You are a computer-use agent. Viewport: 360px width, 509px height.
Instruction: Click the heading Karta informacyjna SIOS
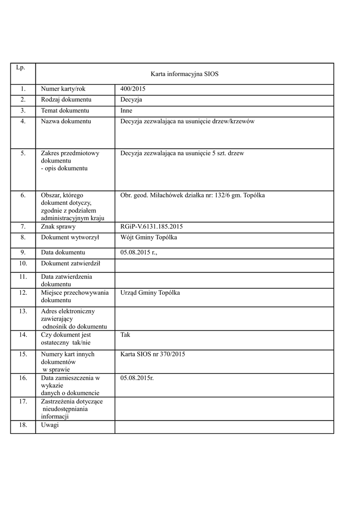tap(184, 74)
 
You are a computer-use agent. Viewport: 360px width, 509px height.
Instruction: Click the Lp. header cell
tap(20, 67)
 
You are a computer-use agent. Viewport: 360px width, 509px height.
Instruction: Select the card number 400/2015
tap(133, 89)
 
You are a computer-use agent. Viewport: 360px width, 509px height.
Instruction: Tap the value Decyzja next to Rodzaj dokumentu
tap(131, 100)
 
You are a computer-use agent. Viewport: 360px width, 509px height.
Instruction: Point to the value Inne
tap(126, 111)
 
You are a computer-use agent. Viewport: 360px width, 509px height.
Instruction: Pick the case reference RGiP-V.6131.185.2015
tap(152, 227)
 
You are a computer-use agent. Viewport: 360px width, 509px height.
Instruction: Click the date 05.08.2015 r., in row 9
tap(139, 253)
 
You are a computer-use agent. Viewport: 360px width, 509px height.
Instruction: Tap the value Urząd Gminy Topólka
tap(150, 293)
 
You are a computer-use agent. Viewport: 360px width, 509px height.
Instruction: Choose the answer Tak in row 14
tap(125, 335)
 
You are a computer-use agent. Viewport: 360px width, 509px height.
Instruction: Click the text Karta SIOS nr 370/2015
tap(153, 354)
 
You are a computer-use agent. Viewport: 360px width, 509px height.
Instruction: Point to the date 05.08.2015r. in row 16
tap(137, 378)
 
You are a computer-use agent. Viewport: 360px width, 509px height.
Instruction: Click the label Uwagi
tap(50, 425)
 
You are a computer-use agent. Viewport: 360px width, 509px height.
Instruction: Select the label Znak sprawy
tap(58, 227)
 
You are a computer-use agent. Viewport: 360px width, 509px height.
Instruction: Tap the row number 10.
tap(23, 263)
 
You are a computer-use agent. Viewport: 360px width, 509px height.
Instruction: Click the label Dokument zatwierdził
tap(71, 263)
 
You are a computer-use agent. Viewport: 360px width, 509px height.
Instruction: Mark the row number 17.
tap(23, 402)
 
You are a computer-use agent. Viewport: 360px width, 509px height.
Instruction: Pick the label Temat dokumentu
tap(65, 111)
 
